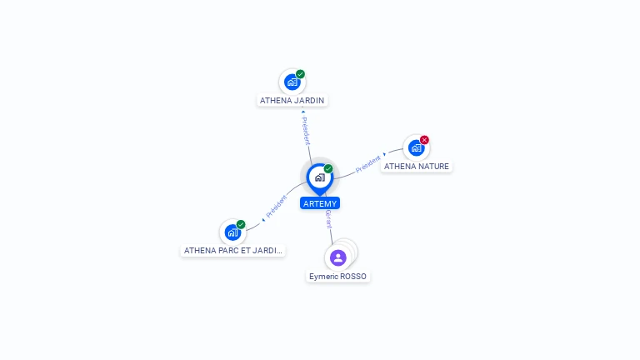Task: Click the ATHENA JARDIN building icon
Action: (x=292, y=82)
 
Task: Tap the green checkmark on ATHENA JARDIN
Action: (x=300, y=74)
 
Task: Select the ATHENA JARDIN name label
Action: (x=292, y=100)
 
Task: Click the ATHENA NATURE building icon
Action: (x=417, y=148)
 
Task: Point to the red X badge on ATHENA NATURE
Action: (x=424, y=140)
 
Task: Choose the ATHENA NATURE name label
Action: (x=417, y=167)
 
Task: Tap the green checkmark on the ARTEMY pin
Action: (x=328, y=168)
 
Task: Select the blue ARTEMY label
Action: (x=320, y=203)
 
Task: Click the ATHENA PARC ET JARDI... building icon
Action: (x=232, y=232)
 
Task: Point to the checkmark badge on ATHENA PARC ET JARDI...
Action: (x=241, y=224)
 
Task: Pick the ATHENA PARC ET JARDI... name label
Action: (x=233, y=251)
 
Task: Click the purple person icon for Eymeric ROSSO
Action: (x=338, y=258)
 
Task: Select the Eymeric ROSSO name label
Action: (x=338, y=277)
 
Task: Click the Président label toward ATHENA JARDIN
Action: (x=306, y=131)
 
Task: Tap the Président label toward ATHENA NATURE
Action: (x=368, y=164)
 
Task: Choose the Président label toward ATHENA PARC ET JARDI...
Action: (x=277, y=207)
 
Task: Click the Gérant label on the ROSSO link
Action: (x=328, y=219)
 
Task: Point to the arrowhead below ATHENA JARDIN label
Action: (x=302, y=112)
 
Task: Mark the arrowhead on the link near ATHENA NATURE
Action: (x=384, y=154)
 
